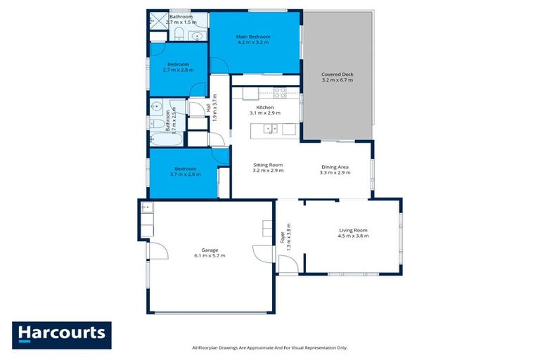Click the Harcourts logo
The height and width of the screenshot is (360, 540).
(x=62, y=334)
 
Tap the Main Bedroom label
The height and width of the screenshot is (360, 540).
(x=253, y=37)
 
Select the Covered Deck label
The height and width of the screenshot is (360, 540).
(x=337, y=74)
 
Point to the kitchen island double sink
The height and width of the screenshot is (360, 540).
(x=270, y=129)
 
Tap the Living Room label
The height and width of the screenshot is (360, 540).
(x=353, y=231)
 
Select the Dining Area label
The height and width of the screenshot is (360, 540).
(x=335, y=167)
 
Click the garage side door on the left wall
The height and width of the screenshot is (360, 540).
(x=157, y=250)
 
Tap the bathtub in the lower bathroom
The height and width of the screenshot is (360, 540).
(x=167, y=138)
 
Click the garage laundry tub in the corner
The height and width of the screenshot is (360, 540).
(x=146, y=207)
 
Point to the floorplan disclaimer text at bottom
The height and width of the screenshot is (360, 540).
(x=270, y=347)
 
